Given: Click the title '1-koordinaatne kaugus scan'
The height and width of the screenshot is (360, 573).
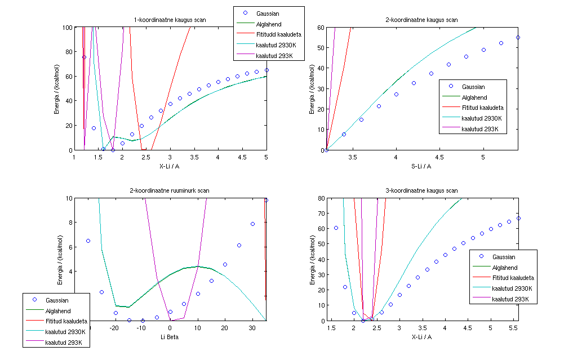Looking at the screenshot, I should (170, 20).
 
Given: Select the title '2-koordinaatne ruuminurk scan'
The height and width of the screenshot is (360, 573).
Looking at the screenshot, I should (170, 191).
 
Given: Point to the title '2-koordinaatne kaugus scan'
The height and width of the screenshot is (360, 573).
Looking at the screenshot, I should (421, 20).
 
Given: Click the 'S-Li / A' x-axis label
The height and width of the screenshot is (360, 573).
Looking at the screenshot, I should (421, 166).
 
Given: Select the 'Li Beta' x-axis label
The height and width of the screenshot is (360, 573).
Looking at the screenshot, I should (170, 336).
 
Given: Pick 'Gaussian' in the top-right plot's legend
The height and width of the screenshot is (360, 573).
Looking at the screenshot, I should (473, 87).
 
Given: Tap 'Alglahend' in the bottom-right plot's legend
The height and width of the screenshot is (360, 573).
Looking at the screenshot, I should (505, 268).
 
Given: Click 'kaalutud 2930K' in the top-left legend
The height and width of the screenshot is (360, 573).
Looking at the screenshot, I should (277, 45).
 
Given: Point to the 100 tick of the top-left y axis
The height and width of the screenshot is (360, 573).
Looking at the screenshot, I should (67, 27).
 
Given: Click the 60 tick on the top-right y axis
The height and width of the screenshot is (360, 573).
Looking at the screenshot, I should (320, 27).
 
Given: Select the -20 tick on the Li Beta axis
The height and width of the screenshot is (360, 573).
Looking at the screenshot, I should (114, 327).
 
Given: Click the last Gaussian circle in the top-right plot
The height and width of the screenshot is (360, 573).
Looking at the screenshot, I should (518, 38).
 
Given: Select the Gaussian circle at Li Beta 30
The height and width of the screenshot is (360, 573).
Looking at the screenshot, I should (253, 224).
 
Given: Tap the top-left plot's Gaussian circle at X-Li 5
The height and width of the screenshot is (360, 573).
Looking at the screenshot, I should (266, 70).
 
